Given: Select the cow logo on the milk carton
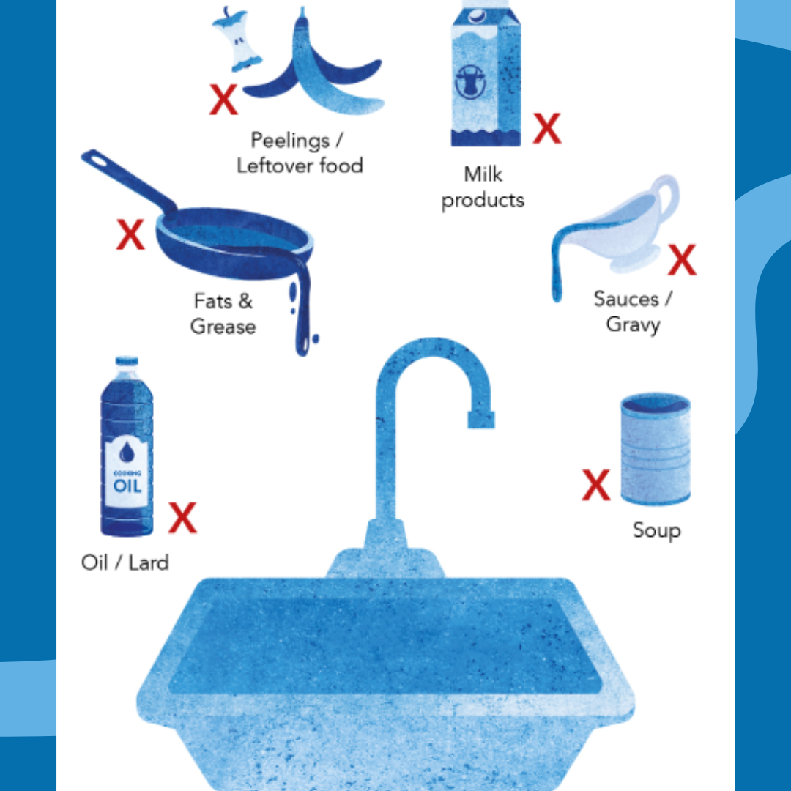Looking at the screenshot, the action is click(470, 81).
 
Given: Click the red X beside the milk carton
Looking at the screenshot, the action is click(547, 128).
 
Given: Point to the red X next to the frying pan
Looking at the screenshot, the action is click(130, 234).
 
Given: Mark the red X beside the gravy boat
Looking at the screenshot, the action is click(682, 260).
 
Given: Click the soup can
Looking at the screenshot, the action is click(656, 448).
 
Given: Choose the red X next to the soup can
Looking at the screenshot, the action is click(595, 485).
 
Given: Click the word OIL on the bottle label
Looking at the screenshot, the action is click(127, 486).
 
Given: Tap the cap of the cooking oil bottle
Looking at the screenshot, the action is click(127, 361).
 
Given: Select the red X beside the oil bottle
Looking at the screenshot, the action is click(182, 518).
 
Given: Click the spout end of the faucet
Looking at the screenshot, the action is click(480, 420).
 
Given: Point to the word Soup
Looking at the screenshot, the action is click(657, 531).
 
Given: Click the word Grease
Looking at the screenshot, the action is click(223, 327).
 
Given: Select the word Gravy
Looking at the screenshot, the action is click(633, 324).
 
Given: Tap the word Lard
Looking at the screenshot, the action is click(149, 562).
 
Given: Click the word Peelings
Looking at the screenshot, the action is click(290, 141).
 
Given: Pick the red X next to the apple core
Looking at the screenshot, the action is click(223, 100).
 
